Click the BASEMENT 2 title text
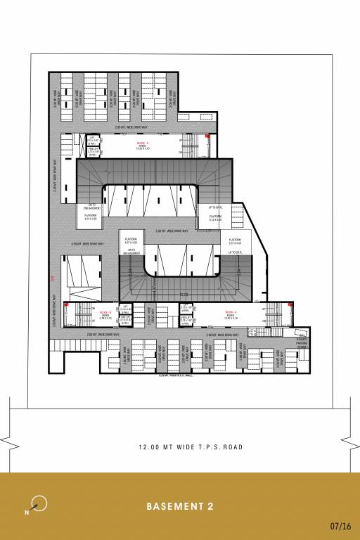(180, 506)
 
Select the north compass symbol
(39, 503)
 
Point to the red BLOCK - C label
(143, 143)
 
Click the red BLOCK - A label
(231, 311)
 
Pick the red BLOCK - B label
(106, 311)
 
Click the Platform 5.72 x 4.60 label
(215, 219)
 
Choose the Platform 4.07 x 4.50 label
(131, 241)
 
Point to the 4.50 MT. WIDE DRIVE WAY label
(88, 243)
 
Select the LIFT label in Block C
(91, 139)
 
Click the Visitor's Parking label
(302, 343)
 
